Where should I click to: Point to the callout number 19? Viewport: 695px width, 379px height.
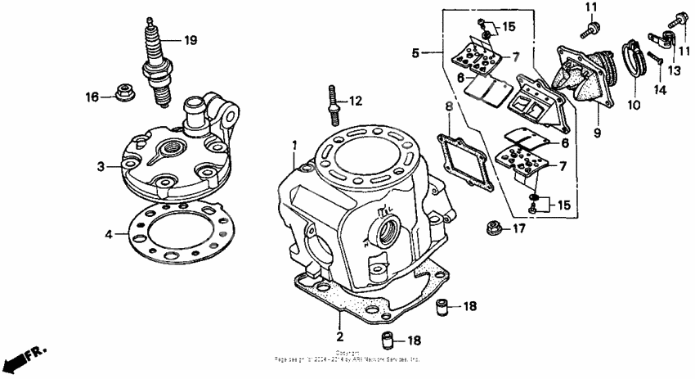tap(190, 40)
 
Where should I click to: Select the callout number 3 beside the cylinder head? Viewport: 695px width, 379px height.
tap(100, 166)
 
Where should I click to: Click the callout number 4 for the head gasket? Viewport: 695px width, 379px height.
tap(109, 235)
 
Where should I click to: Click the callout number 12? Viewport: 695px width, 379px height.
tap(355, 102)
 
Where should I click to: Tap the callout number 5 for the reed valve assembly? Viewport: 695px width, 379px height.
tap(415, 52)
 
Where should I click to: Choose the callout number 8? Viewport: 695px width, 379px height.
tap(448, 106)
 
